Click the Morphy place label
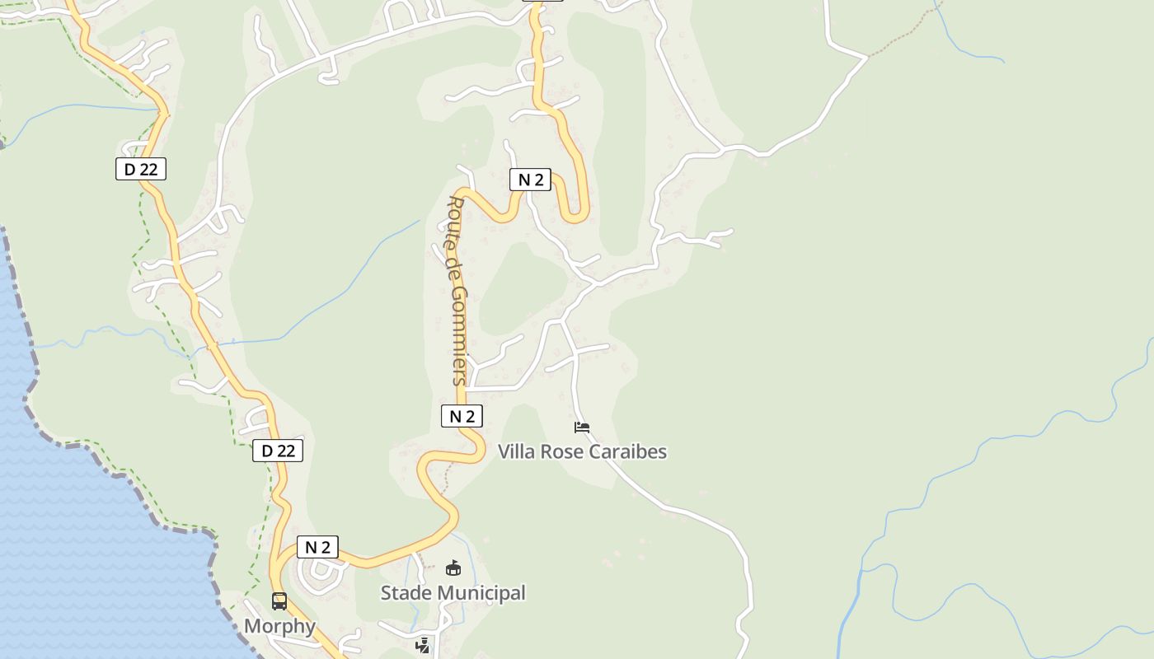(279, 626)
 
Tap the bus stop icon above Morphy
(279, 601)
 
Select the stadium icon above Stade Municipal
(453, 568)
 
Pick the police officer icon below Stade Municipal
(423, 646)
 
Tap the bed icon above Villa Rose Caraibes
(582, 427)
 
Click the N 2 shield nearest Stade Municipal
(317, 547)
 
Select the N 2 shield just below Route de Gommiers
(462, 416)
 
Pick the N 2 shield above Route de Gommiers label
(529, 180)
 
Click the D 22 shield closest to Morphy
(278, 451)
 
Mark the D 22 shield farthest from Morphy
(141, 169)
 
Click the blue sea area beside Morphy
(82, 535)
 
